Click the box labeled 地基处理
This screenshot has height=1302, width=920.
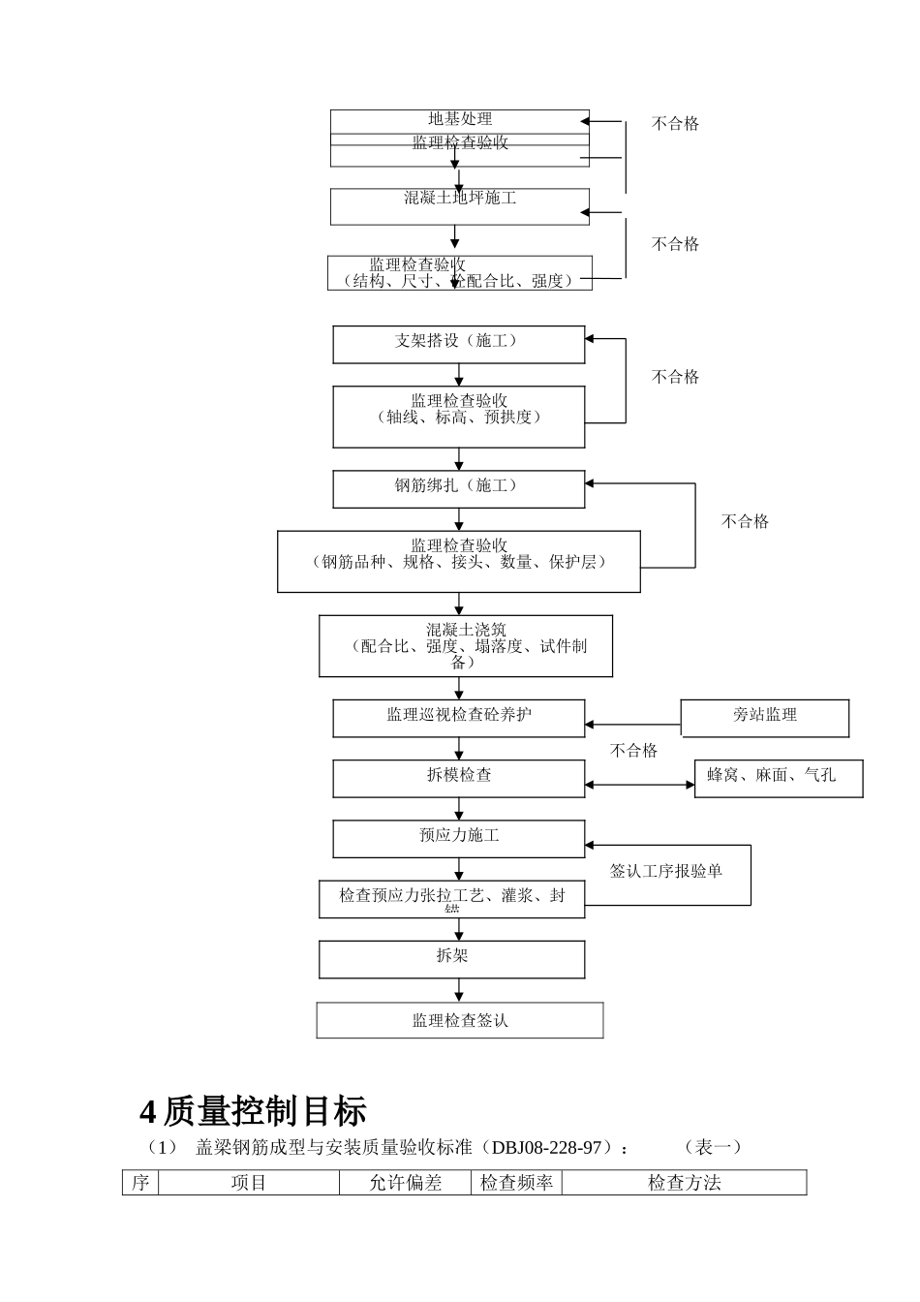coord(460,119)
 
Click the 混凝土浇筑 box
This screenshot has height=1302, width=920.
coord(466,645)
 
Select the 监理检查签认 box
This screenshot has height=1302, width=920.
coord(460,1020)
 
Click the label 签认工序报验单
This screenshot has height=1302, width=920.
coord(666,871)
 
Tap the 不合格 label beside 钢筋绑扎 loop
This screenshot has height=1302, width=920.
coord(745,521)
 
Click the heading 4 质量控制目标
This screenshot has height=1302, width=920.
coord(254,1111)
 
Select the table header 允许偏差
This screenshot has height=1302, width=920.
coord(406,1183)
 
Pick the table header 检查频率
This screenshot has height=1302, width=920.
coord(517,1183)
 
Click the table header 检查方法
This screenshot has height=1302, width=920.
coord(684,1183)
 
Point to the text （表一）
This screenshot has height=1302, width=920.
coord(713,1148)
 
